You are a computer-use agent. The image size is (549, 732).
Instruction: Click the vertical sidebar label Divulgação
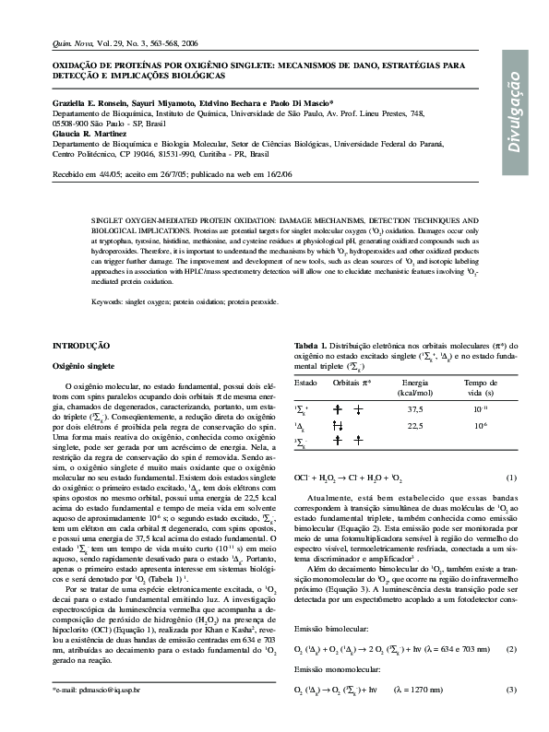tap(518, 117)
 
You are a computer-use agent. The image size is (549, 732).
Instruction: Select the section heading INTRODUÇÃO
tap(87, 344)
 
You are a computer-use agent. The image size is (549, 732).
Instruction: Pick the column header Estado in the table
tap(305, 382)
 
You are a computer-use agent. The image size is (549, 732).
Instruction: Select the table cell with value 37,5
tap(415, 408)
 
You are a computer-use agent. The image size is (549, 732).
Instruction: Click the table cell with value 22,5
tap(415, 426)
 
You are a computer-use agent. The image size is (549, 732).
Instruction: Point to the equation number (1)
tap(511, 478)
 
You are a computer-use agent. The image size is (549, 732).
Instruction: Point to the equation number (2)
tap(511, 649)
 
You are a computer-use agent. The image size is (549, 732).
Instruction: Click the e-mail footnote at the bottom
tap(97, 690)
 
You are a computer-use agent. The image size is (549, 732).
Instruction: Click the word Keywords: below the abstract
tap(111, 301)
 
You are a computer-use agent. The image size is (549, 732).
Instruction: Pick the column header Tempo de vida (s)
tap(480, 387)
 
